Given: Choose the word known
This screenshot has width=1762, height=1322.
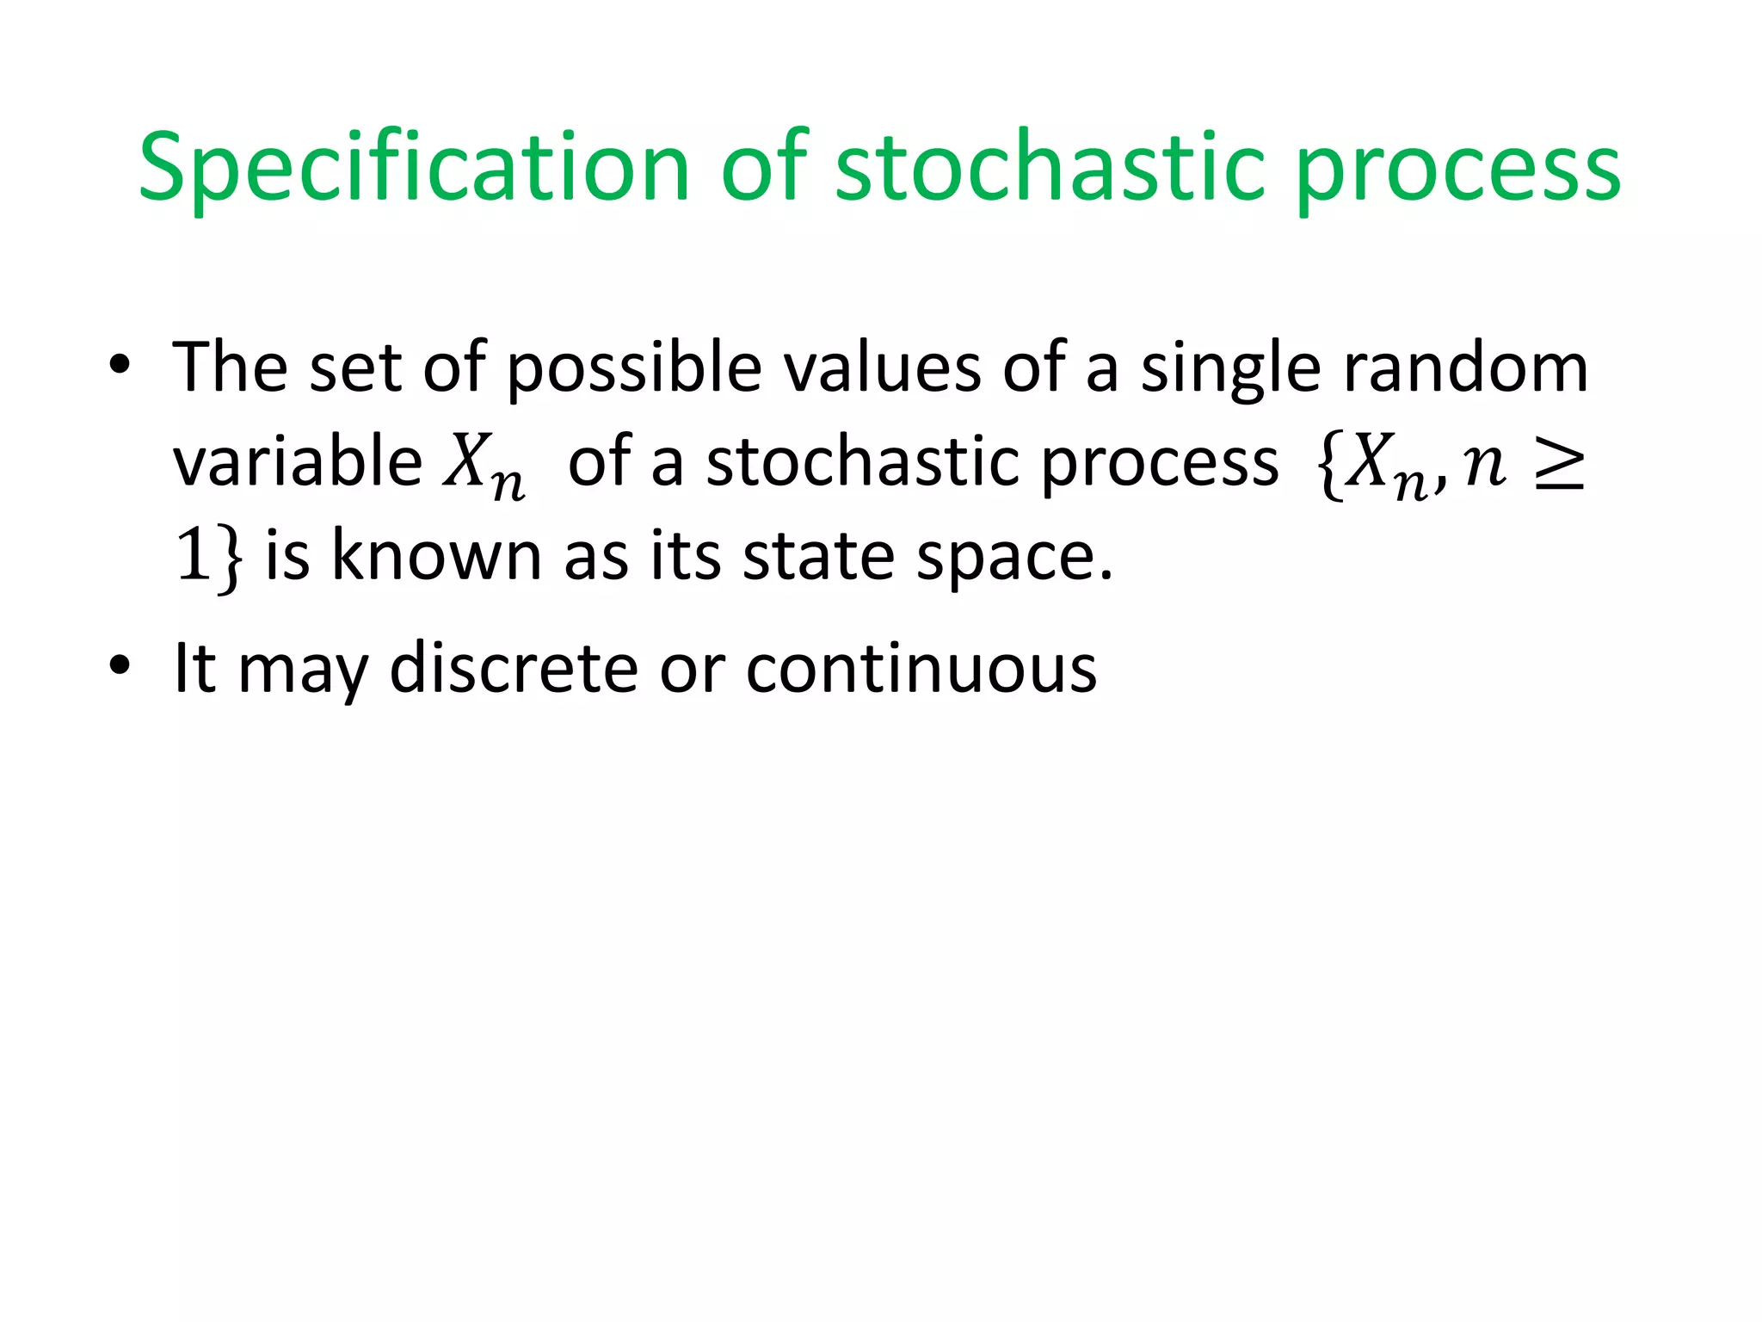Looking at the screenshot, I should click(x=437, y=556).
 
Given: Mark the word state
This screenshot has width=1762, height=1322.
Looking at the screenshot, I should click(x=817, y=556).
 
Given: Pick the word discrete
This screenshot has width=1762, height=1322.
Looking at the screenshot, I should click(x=514, y=668).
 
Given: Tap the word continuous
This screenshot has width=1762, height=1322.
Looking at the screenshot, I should click(x=921, y=668).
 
